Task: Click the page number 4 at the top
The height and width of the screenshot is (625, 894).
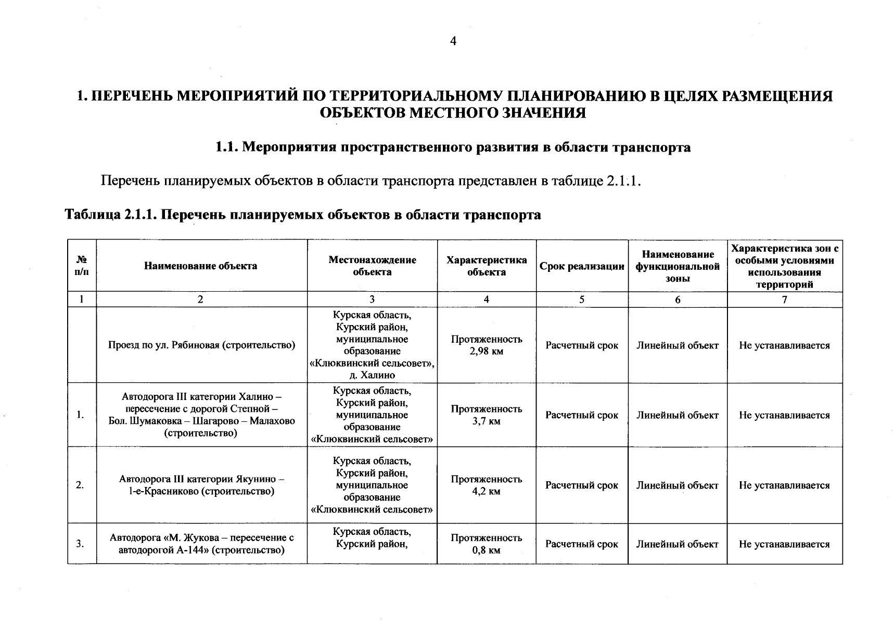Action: point(453,41)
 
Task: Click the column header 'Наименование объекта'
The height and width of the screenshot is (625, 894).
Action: point(200,266)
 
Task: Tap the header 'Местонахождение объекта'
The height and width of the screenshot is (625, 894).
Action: point(372,266)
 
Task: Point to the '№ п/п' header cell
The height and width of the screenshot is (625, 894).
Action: point(81,266)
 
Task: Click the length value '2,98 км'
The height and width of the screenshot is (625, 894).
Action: point(486,352)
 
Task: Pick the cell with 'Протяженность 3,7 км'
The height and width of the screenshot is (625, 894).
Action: point(486,415)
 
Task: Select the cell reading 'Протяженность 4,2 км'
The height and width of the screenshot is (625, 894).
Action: point(486,485)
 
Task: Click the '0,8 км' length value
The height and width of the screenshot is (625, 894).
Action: point(486,550)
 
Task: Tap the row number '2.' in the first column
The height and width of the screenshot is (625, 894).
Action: point(80,485)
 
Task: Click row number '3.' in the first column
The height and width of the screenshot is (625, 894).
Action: point(80,544)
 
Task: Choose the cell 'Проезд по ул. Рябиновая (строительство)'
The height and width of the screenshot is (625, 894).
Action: point(201,345)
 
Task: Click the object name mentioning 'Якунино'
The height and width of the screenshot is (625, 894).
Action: point(201,485)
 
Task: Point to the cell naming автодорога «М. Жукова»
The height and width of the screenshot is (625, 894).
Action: point(201,544)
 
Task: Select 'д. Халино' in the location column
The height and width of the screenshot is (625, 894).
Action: point(372,375)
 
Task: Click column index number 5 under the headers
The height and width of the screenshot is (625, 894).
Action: point(582,299)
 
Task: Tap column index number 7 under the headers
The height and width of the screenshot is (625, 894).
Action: point(784,299)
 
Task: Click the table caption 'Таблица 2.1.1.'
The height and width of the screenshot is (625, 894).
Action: point(109,215)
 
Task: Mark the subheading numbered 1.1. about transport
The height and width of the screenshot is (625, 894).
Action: point(453,147)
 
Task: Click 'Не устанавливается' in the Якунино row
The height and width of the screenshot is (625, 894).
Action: point(784,485)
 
